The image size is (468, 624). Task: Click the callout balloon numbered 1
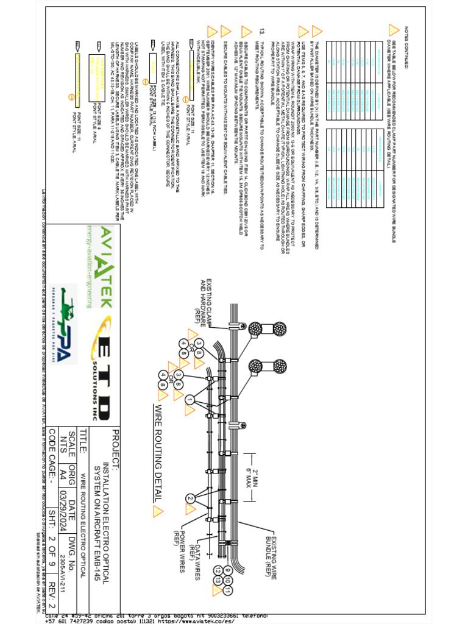click(x=190, y=400)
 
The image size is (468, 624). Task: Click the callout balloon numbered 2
click(x=190, y=498)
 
